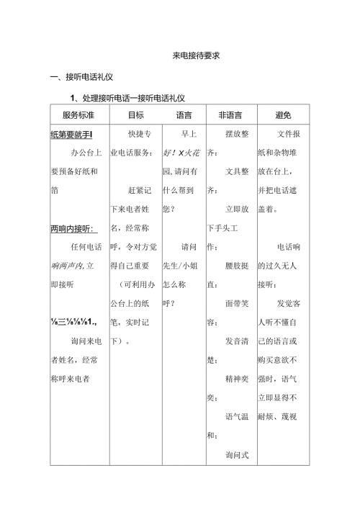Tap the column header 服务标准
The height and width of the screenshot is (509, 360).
tap(79, 115)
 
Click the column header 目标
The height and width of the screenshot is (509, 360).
tap(135, 115)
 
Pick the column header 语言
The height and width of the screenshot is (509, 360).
tap(184, 115)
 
